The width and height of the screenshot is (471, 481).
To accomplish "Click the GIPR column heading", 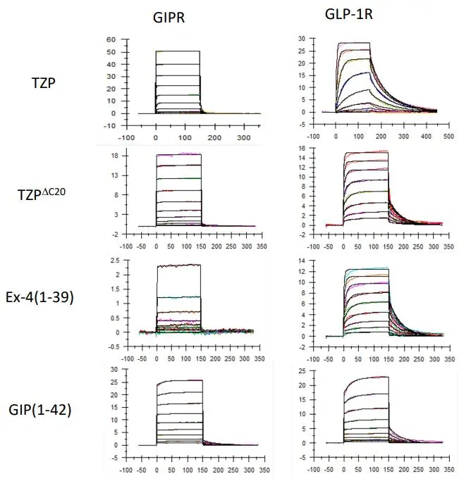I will coord(170,18).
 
